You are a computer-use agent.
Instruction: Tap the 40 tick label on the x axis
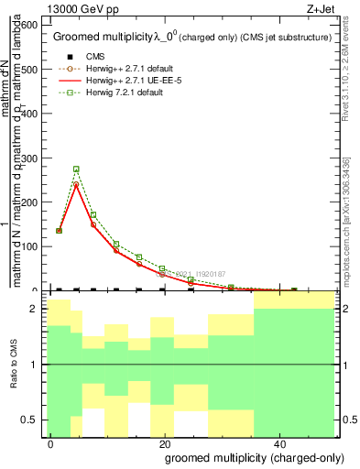tap(281, 442)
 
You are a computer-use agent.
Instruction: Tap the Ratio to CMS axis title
tap(14, 365)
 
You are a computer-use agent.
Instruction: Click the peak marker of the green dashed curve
tap(76, 169)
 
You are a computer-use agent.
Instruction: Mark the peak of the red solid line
tap(76, 184)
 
